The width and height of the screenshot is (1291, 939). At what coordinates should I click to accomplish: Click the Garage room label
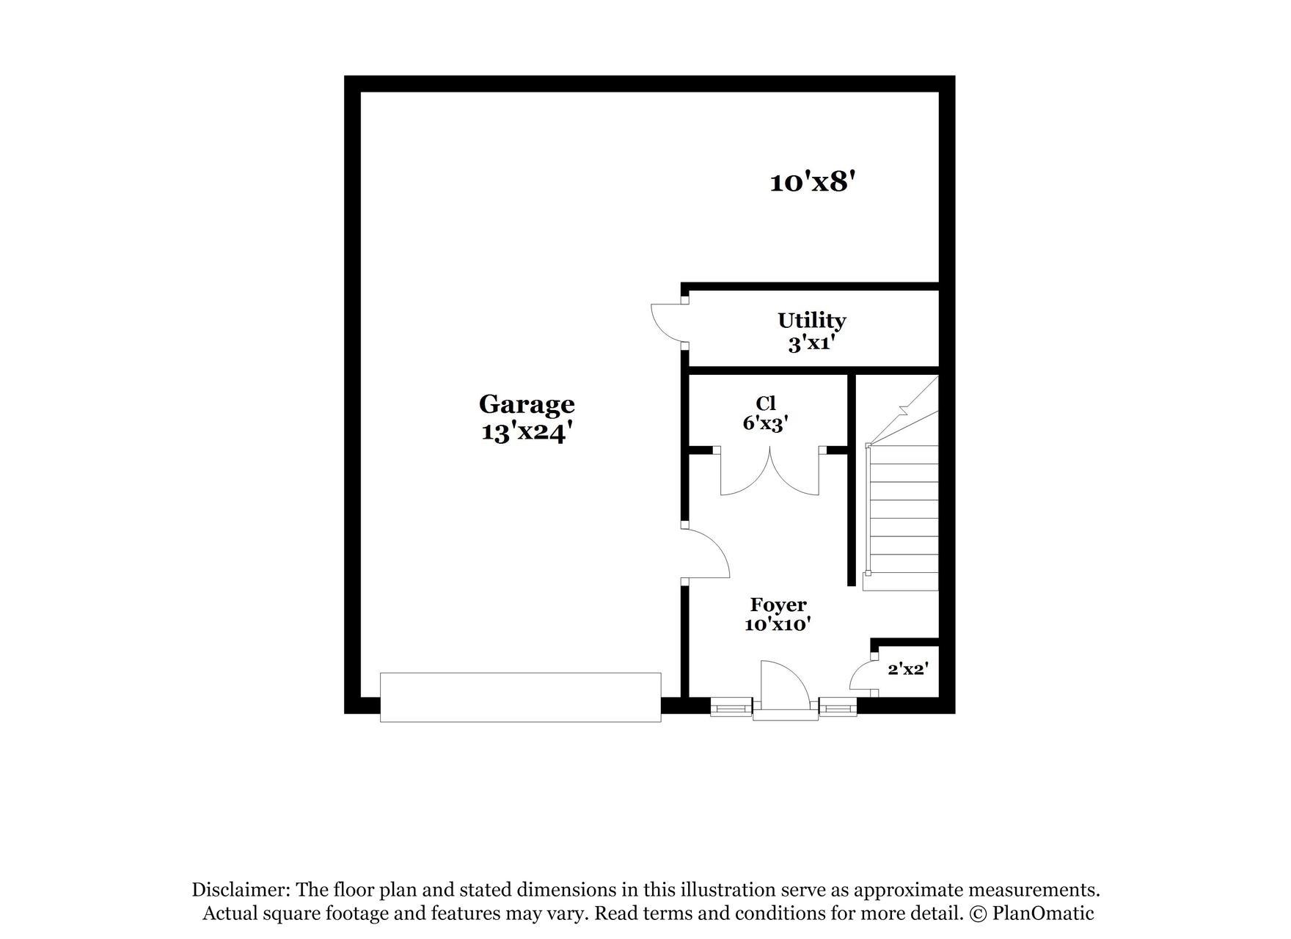click(526, 404)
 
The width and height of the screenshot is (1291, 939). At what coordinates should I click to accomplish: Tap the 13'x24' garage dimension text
click(526, 432)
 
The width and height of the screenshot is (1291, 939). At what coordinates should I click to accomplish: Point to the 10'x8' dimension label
click(813, 182)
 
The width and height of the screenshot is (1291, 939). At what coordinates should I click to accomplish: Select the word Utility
click(811, 321)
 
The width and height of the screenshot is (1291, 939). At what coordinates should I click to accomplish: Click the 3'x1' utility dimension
click(811, 343)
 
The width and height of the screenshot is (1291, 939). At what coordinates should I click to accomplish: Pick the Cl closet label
click(765, 403)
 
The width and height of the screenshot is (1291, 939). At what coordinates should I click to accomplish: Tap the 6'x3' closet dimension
click(765, 423)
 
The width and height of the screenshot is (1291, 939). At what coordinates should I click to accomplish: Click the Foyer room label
click(778, 605)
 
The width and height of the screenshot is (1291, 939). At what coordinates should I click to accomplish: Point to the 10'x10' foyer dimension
click(778, 625)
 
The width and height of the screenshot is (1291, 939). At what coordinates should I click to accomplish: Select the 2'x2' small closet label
click(908, 669)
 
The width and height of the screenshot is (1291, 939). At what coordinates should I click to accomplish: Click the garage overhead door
click(520, 697)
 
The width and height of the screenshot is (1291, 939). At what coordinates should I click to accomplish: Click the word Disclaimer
click(240, 891)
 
